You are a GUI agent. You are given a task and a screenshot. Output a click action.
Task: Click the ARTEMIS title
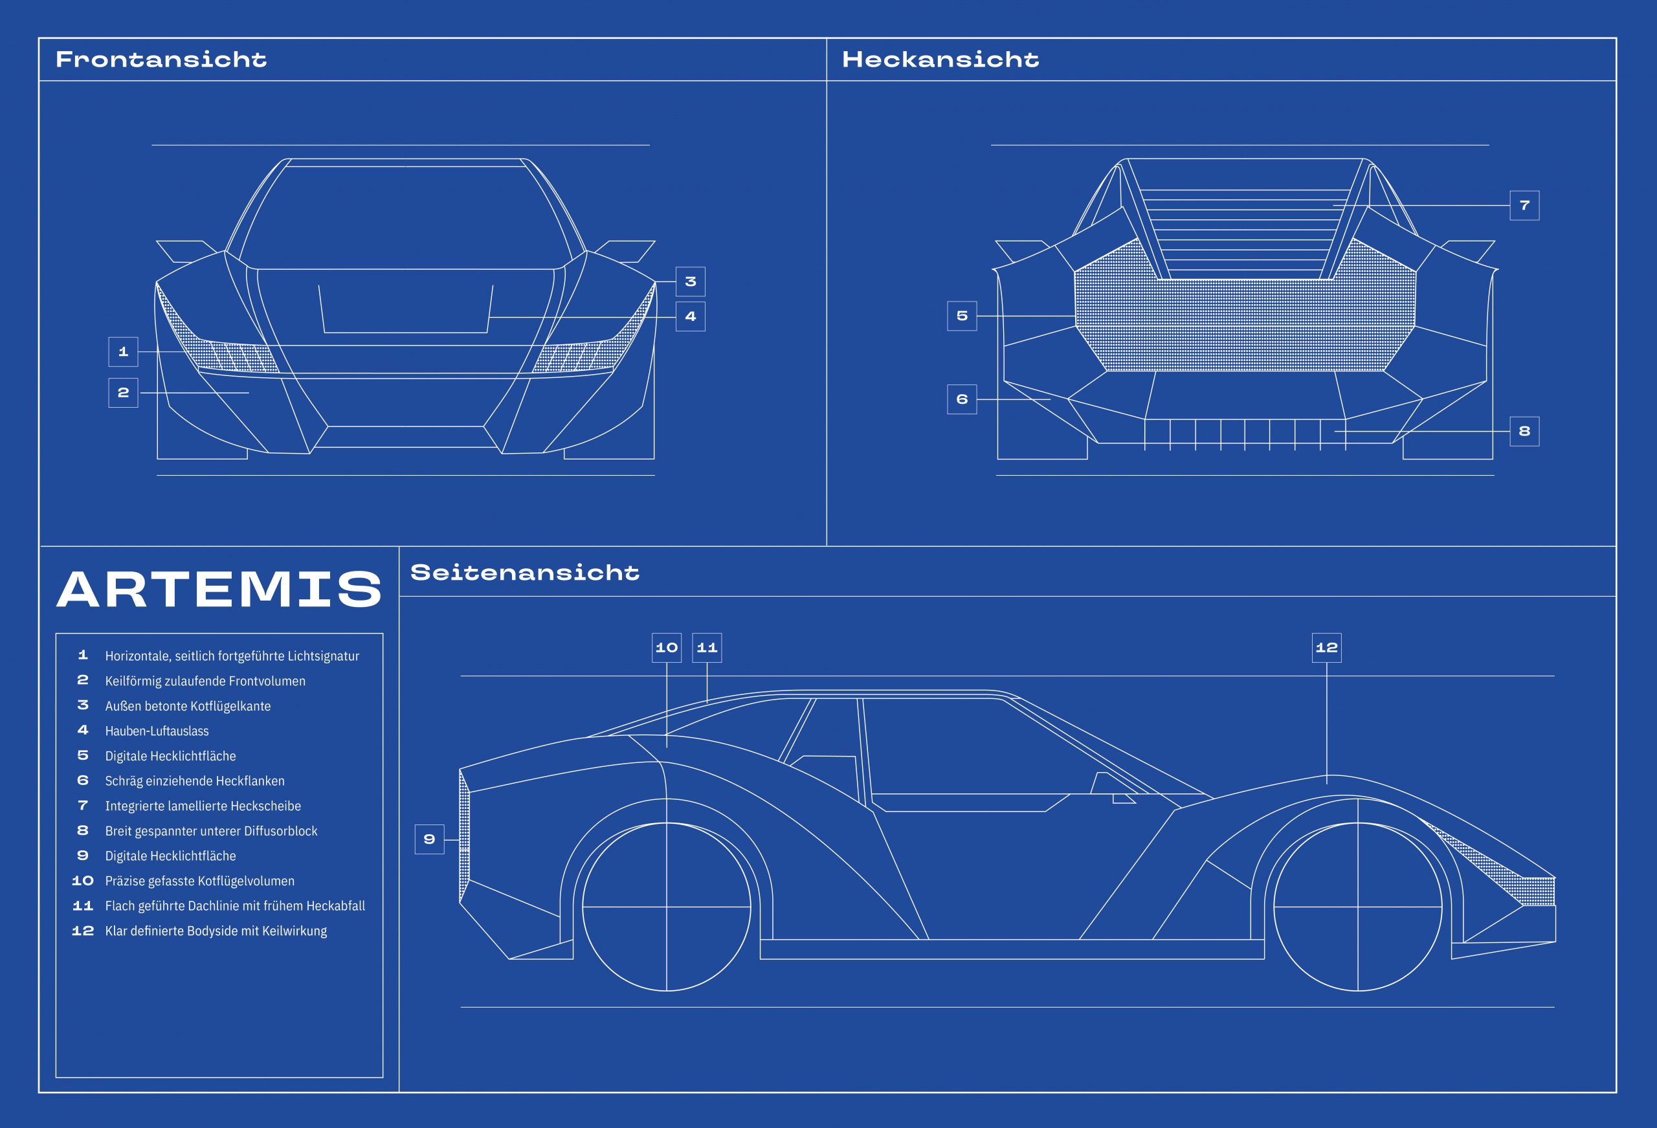[219, 589]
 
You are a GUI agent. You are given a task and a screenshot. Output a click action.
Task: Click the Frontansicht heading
[161, 59]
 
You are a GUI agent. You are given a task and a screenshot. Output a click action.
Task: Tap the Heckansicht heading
[940, 59]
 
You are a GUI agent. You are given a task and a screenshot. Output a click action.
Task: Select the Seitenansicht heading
[525, 573]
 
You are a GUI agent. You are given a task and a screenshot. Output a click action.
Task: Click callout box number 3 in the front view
[690, 282]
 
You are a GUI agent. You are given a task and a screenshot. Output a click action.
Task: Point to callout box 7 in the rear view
[1524, 205]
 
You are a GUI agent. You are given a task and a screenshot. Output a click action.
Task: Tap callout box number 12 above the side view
[1326, 647]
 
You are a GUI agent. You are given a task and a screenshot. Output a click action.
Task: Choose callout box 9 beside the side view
[429, 839]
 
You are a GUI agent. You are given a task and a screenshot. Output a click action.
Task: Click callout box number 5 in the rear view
[962, 316]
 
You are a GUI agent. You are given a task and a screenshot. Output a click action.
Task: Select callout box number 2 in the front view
[122, 393]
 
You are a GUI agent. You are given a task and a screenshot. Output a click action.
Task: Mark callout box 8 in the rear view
[1524, 432]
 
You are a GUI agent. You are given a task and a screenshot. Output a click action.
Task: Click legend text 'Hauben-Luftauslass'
[157, 731]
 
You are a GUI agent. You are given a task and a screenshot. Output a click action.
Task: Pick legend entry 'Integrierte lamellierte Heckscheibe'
[203, 806]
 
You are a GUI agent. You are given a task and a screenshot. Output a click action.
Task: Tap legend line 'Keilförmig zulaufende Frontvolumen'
[205, 681]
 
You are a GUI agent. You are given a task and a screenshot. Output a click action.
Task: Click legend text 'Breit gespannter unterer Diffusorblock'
[211, 831]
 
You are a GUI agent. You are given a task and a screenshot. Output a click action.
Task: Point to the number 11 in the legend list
[83, 905]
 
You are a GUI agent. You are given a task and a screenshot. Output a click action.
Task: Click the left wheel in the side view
[667, 907]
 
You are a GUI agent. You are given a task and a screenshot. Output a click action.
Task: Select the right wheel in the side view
[1357, 907]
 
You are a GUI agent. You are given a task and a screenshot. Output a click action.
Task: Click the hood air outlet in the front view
[406, 309]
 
